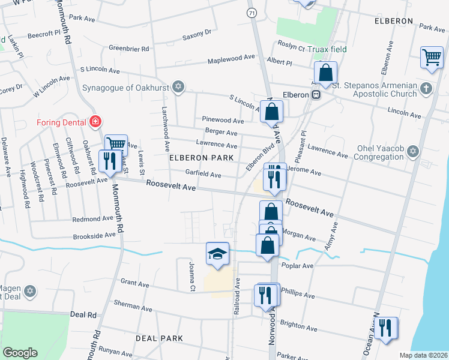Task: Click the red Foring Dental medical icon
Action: click(x=94, y=122)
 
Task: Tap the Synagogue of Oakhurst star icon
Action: click(x=177, y=88)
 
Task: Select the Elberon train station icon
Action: click(x=315, y=94)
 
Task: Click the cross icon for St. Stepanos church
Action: click(x=426, y=89)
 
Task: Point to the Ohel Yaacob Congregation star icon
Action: click(x=412, y=152)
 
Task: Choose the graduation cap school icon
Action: click(x=217, y=253)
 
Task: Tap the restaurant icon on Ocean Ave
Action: click(x=386, y=328)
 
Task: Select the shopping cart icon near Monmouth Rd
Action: click(x=116, y=145)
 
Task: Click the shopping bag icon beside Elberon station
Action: click(x=325, y=73)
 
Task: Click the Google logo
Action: click(x=20, y=352)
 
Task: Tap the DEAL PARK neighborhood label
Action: click(x=159, y=338)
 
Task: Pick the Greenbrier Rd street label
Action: click(x=129, y=49)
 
